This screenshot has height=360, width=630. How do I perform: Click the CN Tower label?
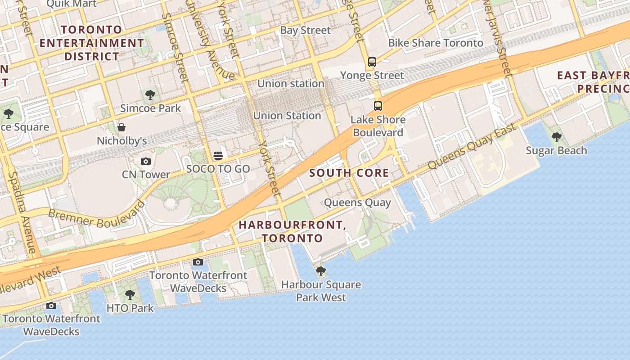(x=146, y=174)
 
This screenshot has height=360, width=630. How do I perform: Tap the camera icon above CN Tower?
(x=146, y=161)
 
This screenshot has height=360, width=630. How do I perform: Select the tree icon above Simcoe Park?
(x=150, y=95)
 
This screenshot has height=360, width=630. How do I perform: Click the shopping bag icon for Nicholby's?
(x=121, y=127)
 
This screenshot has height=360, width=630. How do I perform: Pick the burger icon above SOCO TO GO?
(x=218, y=156)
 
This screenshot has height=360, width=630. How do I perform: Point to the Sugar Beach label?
(x=556, y=150)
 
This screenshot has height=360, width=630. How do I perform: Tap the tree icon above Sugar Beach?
(x=557, y=137)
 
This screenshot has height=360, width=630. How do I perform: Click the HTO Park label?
(x=130, y=308)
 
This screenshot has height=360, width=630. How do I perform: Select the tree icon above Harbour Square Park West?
(x=321, y=271)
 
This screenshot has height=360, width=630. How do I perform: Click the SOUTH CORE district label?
(x=349, y=173)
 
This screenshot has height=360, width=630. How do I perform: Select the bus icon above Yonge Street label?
(x=372, y=62)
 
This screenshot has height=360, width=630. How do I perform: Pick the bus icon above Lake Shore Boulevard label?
(x=378, y=106)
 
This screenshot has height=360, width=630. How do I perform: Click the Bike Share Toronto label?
(x=436, y=43)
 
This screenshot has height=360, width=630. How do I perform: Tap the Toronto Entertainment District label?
(x=92, y=43)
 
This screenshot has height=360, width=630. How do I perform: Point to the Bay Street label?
(x=305, y=30)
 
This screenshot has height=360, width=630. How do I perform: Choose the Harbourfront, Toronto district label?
(x=292, y=231)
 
